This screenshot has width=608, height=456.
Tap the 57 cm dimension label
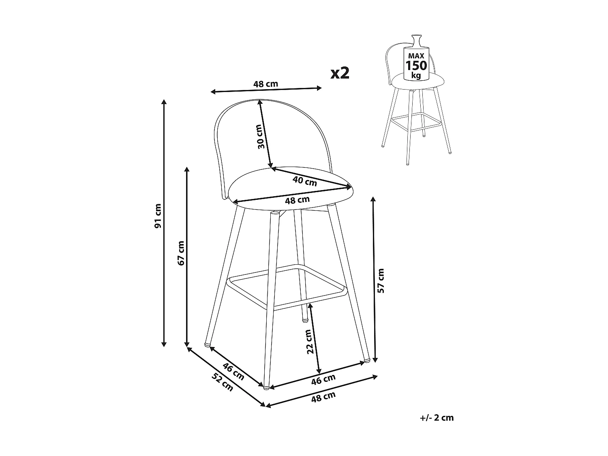tap(381, 280)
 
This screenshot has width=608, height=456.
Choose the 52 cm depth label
tap(223, 381)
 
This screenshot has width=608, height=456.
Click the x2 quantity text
tap(340, 73)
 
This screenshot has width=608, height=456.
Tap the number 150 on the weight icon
tap(416, 66)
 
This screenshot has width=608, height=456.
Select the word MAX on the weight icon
tap(416, 56)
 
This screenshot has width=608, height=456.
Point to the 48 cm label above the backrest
tap(265, 84)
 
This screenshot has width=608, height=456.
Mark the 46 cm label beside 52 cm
tap(234, 372)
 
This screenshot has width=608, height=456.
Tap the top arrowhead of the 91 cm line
tap(164, 101)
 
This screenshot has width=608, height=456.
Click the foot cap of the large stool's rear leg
tap(304, 320)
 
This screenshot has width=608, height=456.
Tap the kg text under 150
tap(416, 75)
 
